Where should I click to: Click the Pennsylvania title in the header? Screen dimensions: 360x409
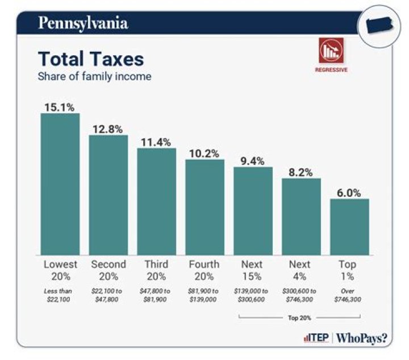pos(82,23)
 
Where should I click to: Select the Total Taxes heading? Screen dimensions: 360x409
pos(90,59)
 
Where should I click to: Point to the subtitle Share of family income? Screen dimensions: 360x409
pos(94,76)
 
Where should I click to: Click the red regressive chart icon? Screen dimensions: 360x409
pos(331,52)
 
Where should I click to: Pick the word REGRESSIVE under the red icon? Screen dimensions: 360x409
pos(331,70)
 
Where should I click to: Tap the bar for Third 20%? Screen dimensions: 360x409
pos(157,201)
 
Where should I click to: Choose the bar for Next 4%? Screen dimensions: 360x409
pos(301,216)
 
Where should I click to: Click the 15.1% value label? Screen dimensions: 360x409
pos(60,106)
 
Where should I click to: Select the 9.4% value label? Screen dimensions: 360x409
pos(253,160)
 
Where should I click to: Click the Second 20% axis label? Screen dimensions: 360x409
pos(108,270)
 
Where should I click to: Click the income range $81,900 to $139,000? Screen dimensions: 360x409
pos(204,295)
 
